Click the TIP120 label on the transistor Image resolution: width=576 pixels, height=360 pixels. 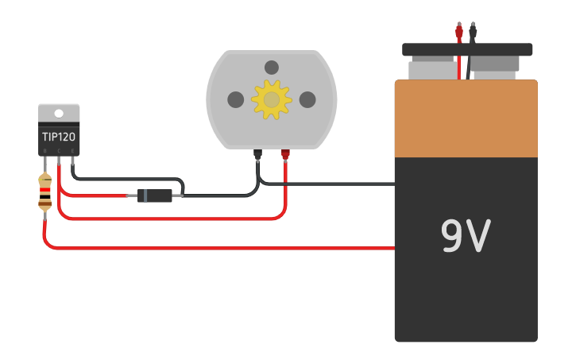[x=59, y=137]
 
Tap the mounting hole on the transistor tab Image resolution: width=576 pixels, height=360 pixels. [x=59, y=112]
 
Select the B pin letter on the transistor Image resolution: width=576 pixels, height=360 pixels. [x=45, y=150]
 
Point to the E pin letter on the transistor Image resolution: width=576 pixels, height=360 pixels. [x=73, y=150]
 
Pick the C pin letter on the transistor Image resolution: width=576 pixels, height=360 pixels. [x=59, y=150]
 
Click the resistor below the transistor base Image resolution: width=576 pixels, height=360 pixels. [x=45, y=193]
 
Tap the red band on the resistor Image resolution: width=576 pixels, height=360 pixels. [x=45, y=191]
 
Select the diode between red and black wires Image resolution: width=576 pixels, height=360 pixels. [x=154, y=195]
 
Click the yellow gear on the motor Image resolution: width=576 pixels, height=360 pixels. [x=272, y=99]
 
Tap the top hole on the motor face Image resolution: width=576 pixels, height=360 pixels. [x=272, y=68]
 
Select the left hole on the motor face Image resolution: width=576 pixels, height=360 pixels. [x=236, y=99]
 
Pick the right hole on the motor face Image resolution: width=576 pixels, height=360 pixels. [x=307, y=99]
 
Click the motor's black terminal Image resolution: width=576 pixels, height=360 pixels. [x=257, y=154]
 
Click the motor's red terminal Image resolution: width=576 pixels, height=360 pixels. [x=285, y=154]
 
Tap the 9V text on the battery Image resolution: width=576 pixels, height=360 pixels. [x=466, y=236]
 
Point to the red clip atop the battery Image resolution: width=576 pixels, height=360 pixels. [x=459, y=32]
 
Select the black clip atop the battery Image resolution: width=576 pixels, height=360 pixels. [x=474, y=32]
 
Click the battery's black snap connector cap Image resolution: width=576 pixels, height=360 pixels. [x=467, y=49]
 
